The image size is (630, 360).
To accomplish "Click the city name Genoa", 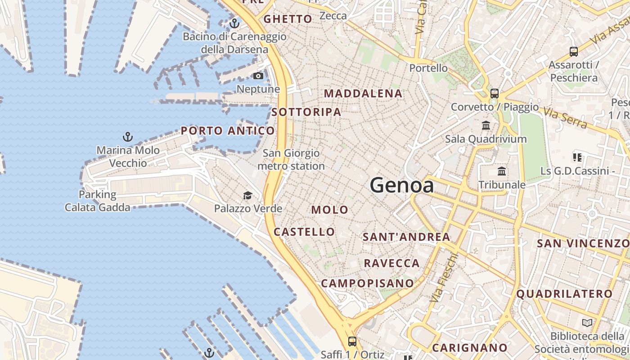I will (x=402, y=185).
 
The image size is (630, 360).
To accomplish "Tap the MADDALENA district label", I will (x=363, y=94).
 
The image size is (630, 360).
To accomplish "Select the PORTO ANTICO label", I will (x=228, y=131).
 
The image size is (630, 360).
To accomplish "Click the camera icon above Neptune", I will (x=258, y=76).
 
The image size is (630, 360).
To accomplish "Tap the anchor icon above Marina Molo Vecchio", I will (x=128, y=136).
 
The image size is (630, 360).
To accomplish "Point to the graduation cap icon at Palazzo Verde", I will (x=247, y=195).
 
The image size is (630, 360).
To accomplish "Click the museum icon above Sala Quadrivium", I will (x=486, y=125).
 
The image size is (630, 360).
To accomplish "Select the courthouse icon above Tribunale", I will (x=502, y=171).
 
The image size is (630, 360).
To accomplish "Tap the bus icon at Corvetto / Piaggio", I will (x=495, y=94).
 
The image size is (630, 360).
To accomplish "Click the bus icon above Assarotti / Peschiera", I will (x=574, y=51).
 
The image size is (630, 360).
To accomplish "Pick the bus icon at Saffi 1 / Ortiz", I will (x=352, y=341).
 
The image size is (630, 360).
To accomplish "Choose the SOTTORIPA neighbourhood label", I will (x=306, y=112).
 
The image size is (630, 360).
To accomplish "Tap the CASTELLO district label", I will (x=305, y=232).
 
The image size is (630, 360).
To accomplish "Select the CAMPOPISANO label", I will (x=367, y=283).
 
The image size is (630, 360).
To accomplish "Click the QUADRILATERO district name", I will (x=564, y=294).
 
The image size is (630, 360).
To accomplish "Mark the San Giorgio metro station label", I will (x=291, y=160).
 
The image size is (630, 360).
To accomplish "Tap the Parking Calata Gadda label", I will (x=98, y=201).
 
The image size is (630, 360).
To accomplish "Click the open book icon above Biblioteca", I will (x=587, y=323).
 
